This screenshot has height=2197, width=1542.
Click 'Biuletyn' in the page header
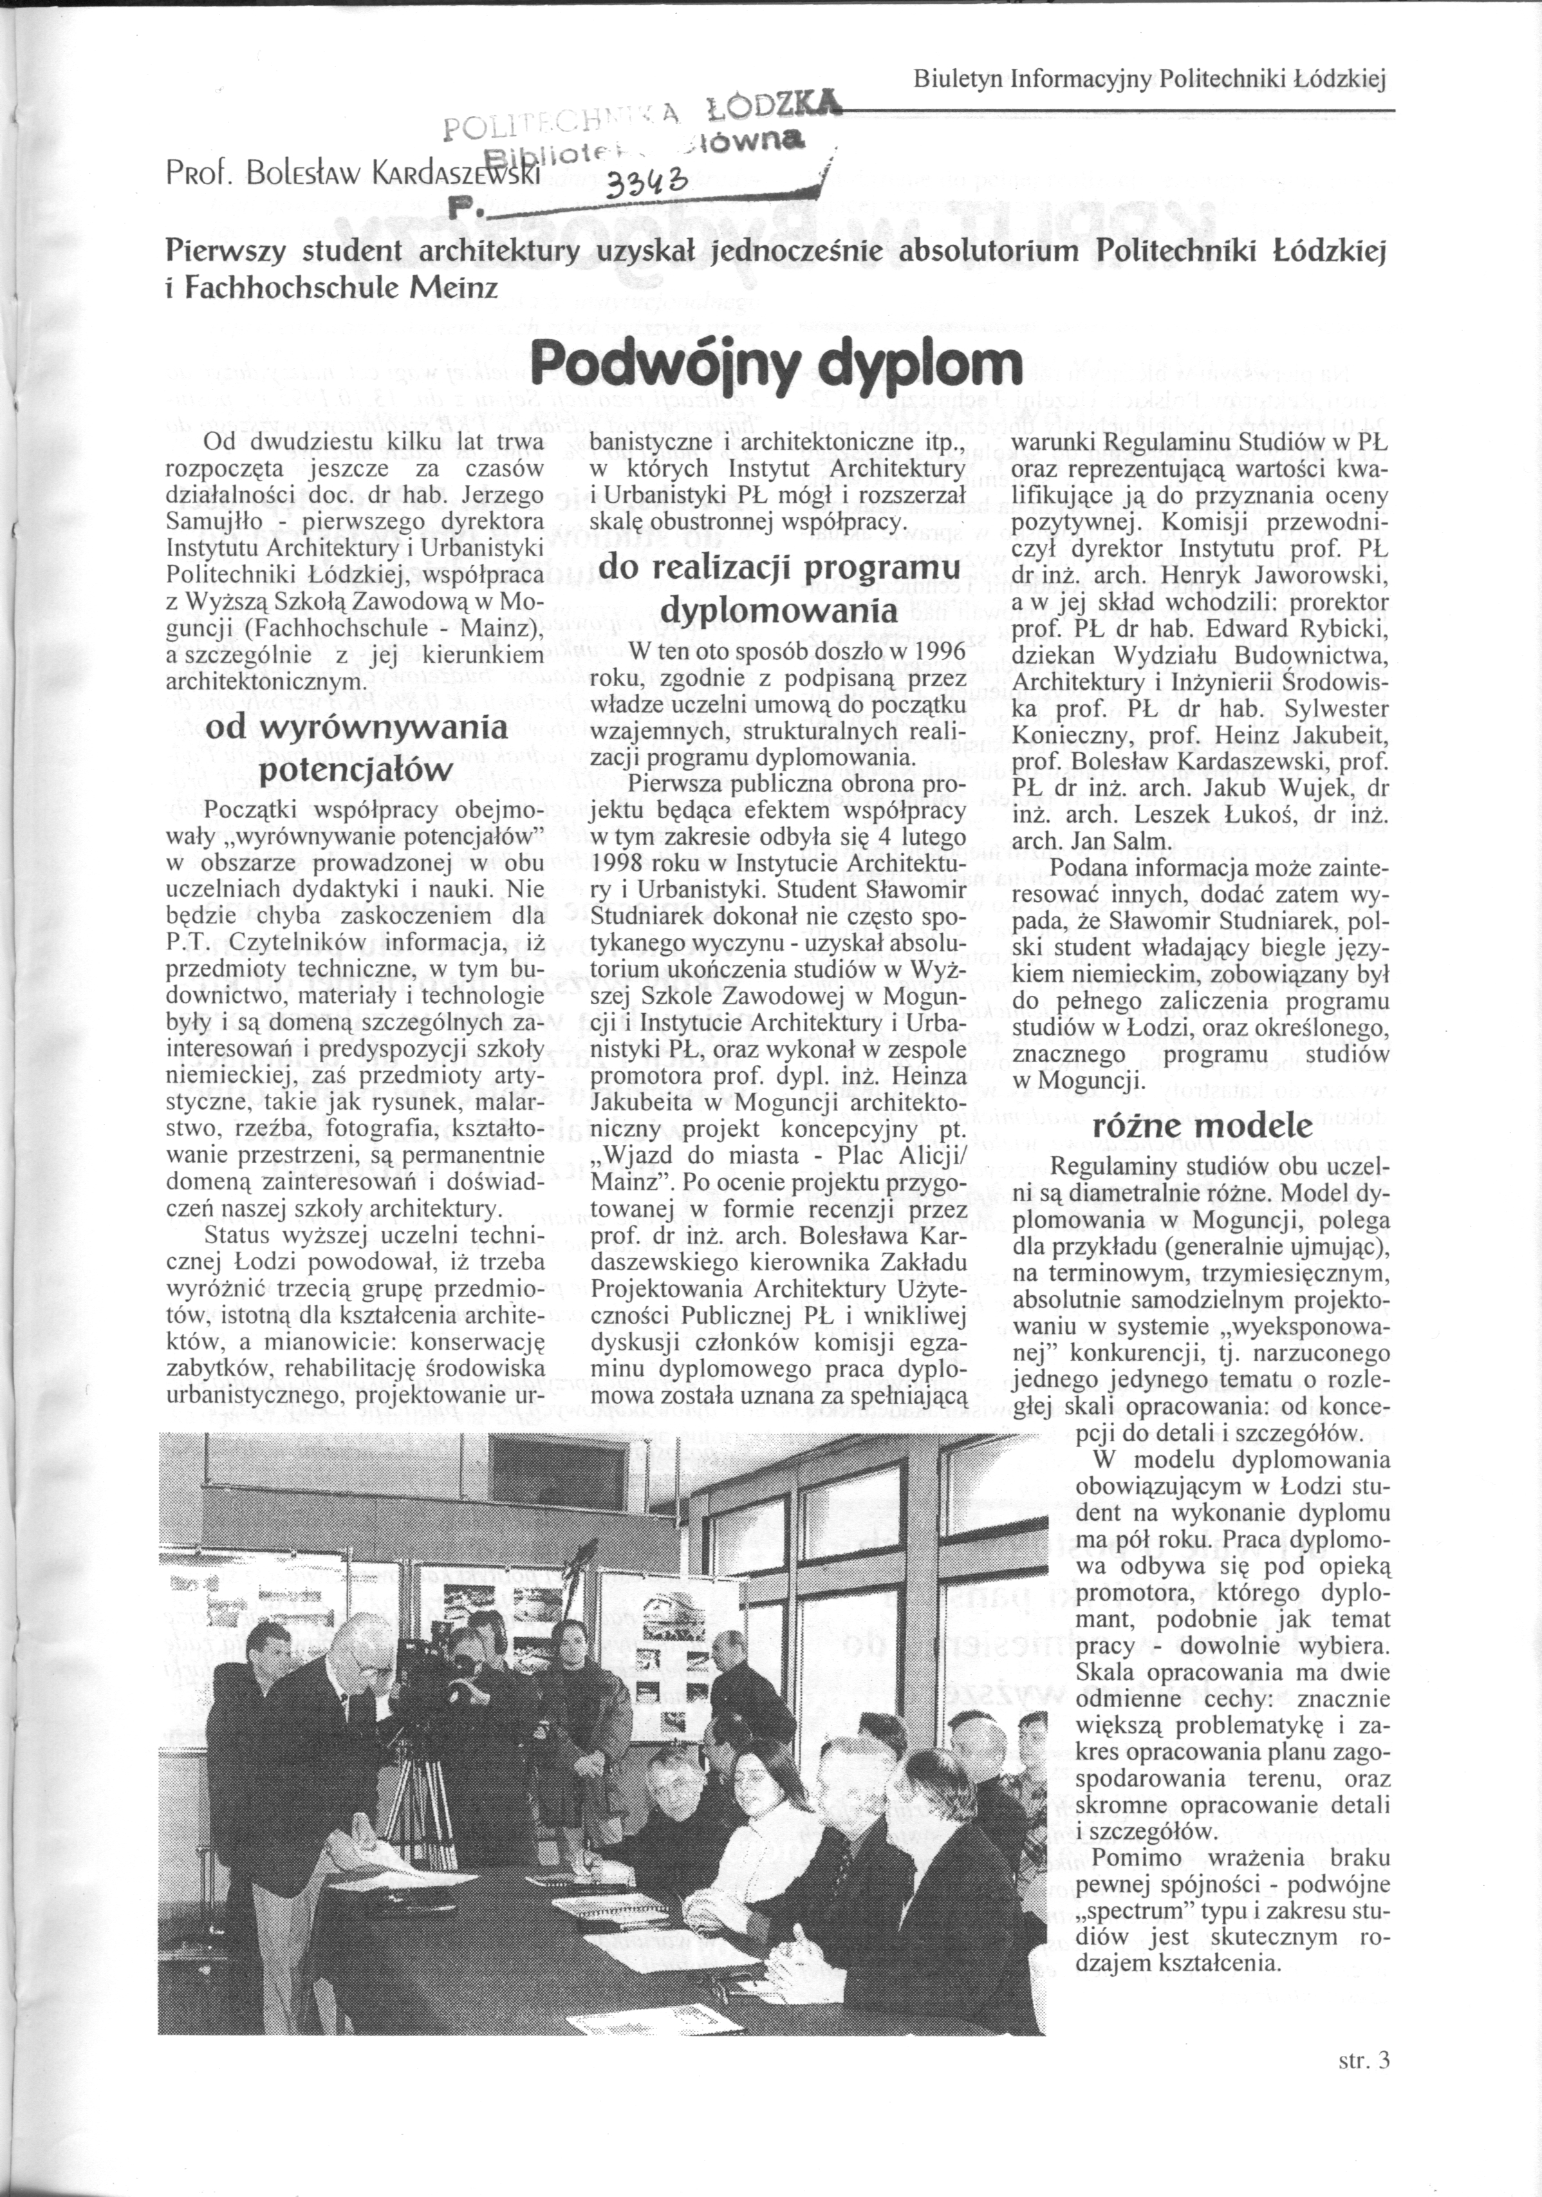(958, 79)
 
